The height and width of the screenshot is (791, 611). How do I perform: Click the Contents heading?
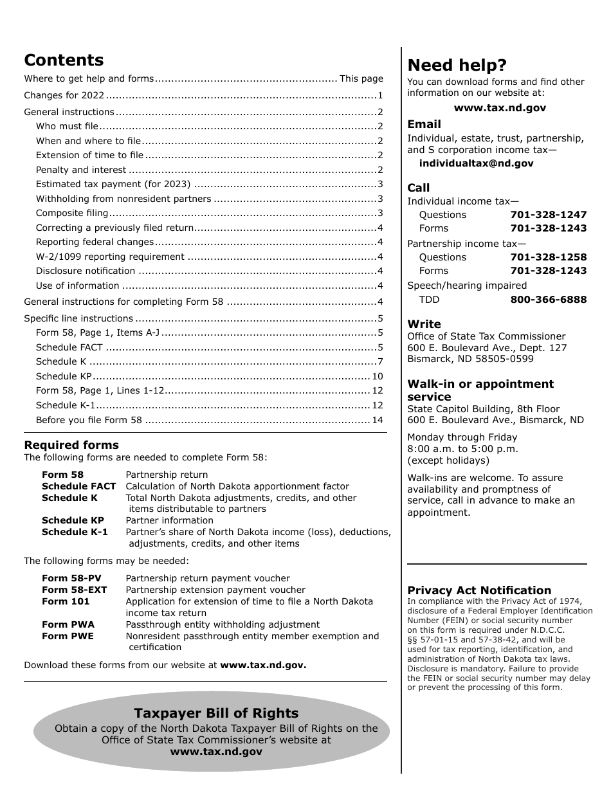(x=64, y=60)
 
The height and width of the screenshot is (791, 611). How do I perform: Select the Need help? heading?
(x=457, y=65)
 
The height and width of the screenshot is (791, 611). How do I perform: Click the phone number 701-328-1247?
(x=548, y=215)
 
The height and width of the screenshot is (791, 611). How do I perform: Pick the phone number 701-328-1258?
(x=548, y=257)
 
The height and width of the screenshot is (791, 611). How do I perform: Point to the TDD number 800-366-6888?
(x=548, y=300)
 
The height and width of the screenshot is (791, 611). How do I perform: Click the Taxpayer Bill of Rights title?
(x=216, y=713)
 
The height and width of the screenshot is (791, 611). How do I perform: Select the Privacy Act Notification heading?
(x=479, y=590)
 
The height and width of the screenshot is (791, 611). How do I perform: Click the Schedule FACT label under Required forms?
(x=78, y=486)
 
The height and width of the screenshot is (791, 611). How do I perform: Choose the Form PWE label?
(x=68, y=636)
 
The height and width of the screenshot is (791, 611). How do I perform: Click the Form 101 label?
(x=66, y=601)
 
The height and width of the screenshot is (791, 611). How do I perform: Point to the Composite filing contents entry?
(x=72, y=214)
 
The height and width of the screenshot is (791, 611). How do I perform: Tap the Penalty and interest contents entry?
(x=81, y=170)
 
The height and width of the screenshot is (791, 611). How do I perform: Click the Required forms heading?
(x=71, y=445)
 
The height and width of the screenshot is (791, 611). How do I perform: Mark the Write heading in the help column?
(x=424, y=324)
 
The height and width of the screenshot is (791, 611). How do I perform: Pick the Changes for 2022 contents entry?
(x=64, y=96)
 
